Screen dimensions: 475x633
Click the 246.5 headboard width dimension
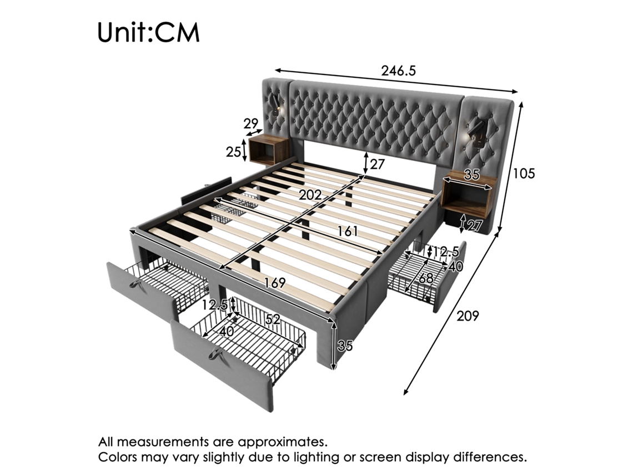click(x=398, y=71)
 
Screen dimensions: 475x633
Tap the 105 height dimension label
click(x=523, y=173)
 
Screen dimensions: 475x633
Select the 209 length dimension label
click(x=467, y=316)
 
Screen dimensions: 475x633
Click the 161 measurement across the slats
click(x=348, y=231)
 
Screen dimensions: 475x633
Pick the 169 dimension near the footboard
click(x=275, y=283)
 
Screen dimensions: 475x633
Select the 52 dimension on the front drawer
click(x=272, y=319)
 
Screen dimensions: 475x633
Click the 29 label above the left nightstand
click(x=252, y=124)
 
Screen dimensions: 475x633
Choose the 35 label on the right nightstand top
click(x=471, y=175)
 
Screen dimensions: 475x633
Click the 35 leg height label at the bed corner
click(x=345, y=346)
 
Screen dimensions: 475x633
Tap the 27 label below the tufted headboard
click(x=377, y=164)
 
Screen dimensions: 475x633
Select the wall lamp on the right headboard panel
click(x=476, y=133)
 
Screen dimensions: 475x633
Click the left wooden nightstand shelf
click(x=267, y=150)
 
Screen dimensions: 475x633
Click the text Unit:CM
click(x=148, y=33)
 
